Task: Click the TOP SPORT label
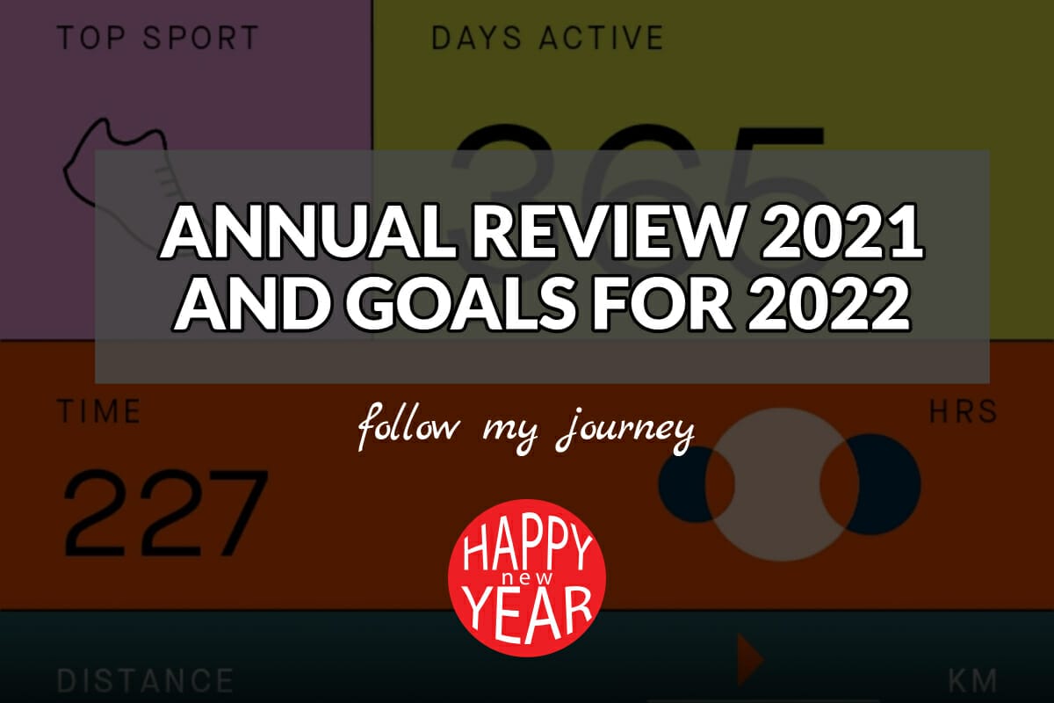pyautogui.click(x=158, y=38)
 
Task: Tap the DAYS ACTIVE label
pyautogui.click(x=547, y=38)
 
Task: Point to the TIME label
pyautogui.click(x=98, y=411)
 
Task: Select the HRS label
pyautogui.click(x=964, y=411)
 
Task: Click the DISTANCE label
pyautogui.click(x=145, y=681)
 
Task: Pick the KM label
pyautogui.click(x=972, y=681)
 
